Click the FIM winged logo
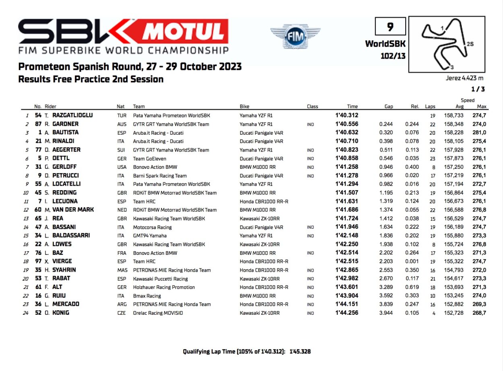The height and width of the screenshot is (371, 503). point(295,37)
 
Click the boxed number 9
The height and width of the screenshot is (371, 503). point(390,27)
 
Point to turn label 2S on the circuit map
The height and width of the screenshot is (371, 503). point(470,44)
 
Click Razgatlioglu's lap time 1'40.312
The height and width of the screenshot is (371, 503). point(346,115)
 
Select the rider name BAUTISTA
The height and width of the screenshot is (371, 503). point(65,132)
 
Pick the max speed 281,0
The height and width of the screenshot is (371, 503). point(479,133)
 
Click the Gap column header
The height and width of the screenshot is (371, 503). point(388,107)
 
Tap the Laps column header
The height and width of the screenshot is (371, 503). point(430,107)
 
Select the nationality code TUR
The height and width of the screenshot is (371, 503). point(121,115)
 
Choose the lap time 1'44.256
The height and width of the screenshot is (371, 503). point(346,313)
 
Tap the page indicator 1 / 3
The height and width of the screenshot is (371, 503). point(478,89)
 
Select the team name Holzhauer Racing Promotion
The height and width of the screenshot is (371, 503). point(164,287)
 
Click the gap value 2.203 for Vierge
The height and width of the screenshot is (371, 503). point(386,261)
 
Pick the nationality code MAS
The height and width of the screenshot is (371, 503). point(122,270)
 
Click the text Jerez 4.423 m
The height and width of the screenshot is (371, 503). point(464,78)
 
